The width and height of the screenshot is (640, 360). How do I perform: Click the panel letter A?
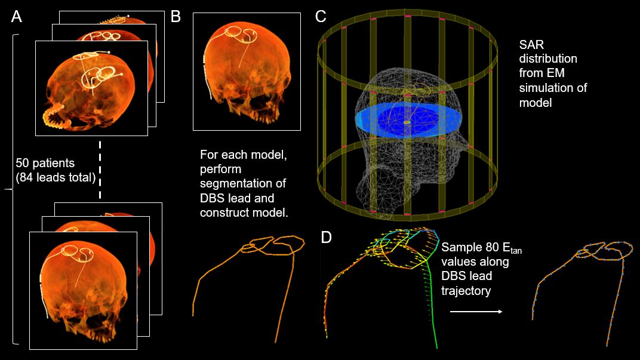click(17, 16)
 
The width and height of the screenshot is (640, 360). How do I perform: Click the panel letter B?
click(176, 16)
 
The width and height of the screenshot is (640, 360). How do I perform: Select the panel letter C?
click(321, 16)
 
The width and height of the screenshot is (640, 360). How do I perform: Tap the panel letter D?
click(327, 237)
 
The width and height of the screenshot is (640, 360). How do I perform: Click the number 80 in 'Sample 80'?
click(484, 248)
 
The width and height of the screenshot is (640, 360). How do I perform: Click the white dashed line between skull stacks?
click(100, 170)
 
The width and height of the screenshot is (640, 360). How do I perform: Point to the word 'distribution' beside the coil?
click(548, 59)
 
